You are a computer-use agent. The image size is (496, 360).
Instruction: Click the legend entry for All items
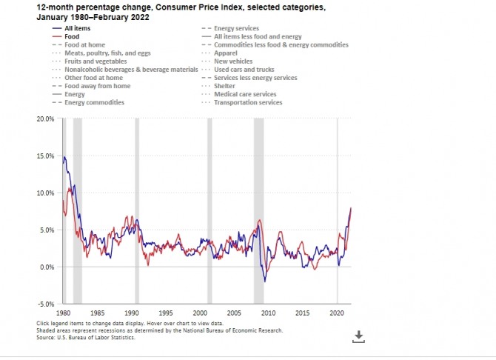[x=78, y=27]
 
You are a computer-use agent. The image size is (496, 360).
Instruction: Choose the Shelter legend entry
[x=225, y=86]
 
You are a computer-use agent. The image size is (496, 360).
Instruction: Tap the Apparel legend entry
[x=226, y=53]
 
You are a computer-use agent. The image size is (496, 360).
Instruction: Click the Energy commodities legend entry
[x=94, y=102]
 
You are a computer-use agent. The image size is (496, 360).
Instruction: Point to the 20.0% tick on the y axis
[x=44, y=119]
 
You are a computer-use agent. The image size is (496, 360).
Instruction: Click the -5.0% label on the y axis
[x=46, y=304]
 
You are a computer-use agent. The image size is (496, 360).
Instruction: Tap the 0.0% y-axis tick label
[x=46, y=267]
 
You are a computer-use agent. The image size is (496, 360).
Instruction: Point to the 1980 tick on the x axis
[x=64, y=313]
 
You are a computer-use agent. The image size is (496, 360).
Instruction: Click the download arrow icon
[x=358, y=336]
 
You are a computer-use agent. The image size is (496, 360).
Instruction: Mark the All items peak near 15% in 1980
[x=64, y=157]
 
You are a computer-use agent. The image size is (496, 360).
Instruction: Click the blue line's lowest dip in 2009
[x=266, y=281]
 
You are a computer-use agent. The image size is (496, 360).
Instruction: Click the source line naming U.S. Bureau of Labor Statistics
[x=86, y=337]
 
